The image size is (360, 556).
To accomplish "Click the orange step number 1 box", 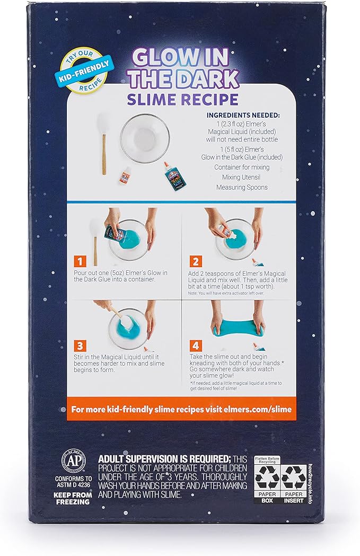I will [80, 261].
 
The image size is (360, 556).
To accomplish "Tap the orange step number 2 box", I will [196, 261].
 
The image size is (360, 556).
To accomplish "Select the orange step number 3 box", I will [80, 346].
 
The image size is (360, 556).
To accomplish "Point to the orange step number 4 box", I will [196, 346].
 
